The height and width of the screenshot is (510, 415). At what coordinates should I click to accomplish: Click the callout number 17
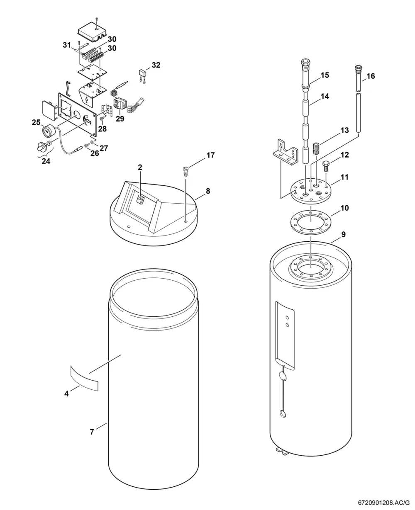pos(211,155)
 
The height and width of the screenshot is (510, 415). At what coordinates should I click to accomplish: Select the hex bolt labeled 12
pos(326,166)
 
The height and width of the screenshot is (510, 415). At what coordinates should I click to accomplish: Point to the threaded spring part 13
pos(317,148)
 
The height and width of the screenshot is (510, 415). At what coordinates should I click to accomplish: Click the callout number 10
pos(344,208)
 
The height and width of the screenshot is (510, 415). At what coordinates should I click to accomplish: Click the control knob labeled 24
pos(42,146)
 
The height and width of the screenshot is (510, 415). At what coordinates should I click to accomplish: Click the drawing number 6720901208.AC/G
pos(384,503)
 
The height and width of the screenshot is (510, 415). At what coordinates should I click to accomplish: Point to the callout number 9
pos(343,234)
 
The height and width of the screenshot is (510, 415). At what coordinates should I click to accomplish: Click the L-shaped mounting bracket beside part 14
pos(286,153)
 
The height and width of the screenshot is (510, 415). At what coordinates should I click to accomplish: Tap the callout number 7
pos(92,432)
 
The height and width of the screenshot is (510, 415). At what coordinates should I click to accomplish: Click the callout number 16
pos(371,76)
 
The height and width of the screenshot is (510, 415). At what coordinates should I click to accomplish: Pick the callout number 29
pos(120,119)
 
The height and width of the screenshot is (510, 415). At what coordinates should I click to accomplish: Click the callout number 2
pos(140,168)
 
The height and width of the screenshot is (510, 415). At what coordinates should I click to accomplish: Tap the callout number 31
pos(67,45)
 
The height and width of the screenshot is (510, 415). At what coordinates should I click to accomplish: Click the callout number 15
pos(325,75)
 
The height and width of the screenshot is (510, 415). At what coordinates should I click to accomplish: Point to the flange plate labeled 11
pos(311,192)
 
